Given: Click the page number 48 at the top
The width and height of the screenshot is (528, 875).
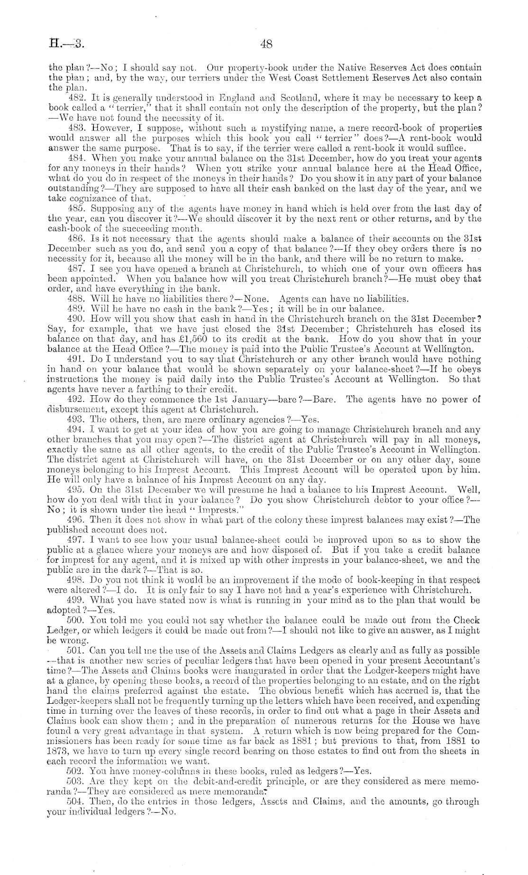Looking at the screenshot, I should point(266,45).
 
